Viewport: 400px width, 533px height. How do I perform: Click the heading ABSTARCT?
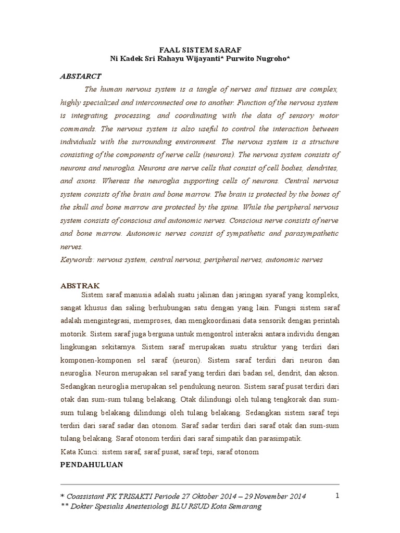click(81, 76)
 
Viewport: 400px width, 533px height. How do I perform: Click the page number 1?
click(337, 496)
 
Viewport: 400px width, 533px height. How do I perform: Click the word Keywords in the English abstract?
click(77, 259)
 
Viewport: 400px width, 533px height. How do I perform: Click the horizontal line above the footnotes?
click(200, 484)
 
